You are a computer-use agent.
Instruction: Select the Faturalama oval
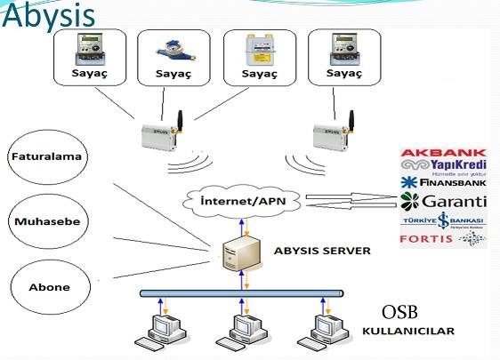click(45, 157)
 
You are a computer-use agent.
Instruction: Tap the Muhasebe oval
click(45, 222)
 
